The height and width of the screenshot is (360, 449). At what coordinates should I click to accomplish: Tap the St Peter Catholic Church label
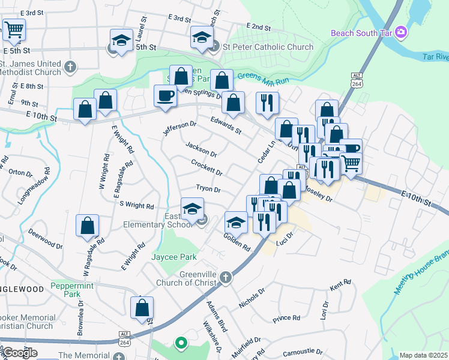point(267,47)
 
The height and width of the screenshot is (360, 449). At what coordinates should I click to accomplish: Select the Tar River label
point(436,57)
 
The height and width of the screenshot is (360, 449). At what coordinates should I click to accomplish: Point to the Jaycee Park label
point(175,257)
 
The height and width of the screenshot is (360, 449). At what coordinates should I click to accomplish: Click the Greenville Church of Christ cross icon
point(225,277)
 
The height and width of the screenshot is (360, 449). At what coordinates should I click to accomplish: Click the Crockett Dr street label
point(206,167)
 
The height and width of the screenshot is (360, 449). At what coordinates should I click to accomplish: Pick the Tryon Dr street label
point(208,188)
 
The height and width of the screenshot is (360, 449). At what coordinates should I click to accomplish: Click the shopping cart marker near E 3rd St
point(14,28)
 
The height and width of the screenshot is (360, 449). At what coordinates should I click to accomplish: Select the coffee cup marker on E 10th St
point(165,95)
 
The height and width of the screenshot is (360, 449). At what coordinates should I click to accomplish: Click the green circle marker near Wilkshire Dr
point(179,343)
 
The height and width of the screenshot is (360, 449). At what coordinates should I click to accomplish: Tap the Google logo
point(20,352)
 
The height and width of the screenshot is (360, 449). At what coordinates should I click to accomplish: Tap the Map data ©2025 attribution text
point(423,355)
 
